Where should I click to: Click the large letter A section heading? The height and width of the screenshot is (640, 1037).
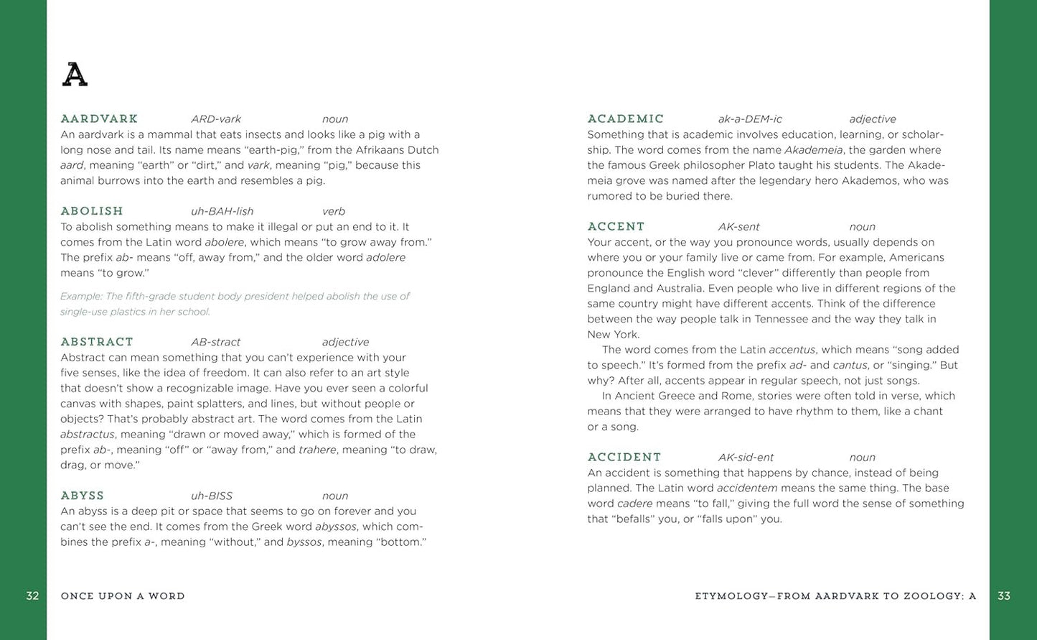click(75, 75)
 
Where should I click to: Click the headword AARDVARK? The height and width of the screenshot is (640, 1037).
click(99, 119)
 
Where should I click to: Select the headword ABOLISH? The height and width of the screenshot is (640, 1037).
click(92, 210)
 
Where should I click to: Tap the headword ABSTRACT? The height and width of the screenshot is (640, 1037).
click(97, 341)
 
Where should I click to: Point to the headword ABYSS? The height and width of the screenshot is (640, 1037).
click(83, 495)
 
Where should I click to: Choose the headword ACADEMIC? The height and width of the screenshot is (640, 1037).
click(626, 119)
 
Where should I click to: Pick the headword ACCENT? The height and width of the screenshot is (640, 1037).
click(616, 226)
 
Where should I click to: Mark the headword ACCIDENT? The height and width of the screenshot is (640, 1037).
click(624, 457)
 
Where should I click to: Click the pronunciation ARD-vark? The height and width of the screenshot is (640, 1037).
click(216, 119)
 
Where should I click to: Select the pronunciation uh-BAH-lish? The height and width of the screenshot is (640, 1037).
click(222, 211)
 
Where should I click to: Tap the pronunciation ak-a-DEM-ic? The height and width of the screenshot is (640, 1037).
click(750, 119)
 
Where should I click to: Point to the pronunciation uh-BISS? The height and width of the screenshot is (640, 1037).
click(212, 496)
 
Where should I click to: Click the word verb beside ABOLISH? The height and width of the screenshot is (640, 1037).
click(334, 211)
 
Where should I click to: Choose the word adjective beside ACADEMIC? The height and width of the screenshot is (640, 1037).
click(873, 119)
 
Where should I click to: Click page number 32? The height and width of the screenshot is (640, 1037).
click(32, 595)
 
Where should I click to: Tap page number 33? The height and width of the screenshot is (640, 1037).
click(1004, 595)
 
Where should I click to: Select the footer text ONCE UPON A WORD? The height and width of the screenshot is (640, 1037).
click(123, 596)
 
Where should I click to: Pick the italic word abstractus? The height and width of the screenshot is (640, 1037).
click(88, 435)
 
